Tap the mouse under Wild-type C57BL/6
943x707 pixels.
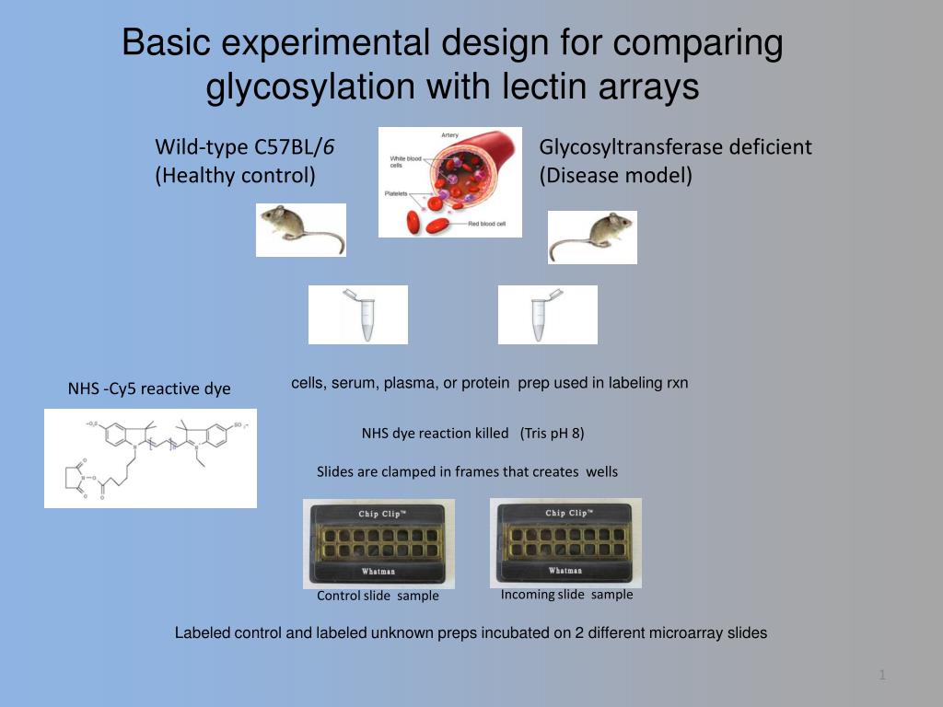pos(300,229)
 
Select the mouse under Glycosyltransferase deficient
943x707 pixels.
pos(592,237)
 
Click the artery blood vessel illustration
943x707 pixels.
pos(450,181)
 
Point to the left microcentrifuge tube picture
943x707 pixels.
pos(358,315)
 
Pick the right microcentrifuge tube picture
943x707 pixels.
pos(548,315)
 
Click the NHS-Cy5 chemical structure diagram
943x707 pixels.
pos(150,458)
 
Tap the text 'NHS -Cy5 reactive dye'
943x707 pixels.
pos(149,389)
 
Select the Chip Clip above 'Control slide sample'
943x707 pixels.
pos(378,543)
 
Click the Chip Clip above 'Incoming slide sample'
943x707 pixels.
pos(565,542)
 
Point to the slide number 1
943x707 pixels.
pos(882,677)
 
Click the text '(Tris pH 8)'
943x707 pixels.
pos(553,433)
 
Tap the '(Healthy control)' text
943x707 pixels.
pos(235,174)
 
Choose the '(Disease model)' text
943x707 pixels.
pos(615,174)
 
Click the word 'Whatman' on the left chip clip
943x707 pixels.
pos(378,572)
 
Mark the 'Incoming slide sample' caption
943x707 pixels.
pos(566,595)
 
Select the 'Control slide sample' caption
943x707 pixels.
pos(378,596)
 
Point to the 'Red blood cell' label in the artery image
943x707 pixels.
pos(487,224)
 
